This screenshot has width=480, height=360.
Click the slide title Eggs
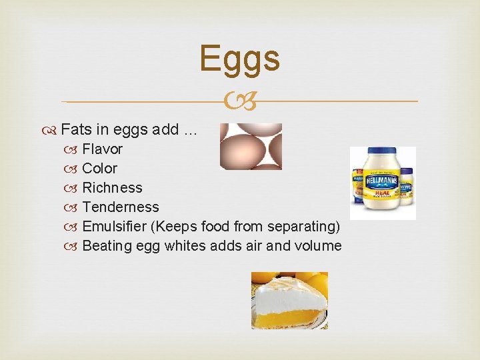[239, 58]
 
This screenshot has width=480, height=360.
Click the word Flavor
[102, 149]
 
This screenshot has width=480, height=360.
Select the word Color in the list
[99, 168]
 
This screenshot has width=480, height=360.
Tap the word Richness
[112, 187]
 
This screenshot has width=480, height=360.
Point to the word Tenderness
[120, 207]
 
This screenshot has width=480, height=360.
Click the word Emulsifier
[114, 226]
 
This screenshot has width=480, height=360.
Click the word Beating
[107, 245]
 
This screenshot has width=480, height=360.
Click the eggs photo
[251, 147]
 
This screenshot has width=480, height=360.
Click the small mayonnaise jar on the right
[405, 187]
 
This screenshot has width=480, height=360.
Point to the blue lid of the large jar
[376, 156]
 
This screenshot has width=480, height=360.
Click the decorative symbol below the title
[239, 101]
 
